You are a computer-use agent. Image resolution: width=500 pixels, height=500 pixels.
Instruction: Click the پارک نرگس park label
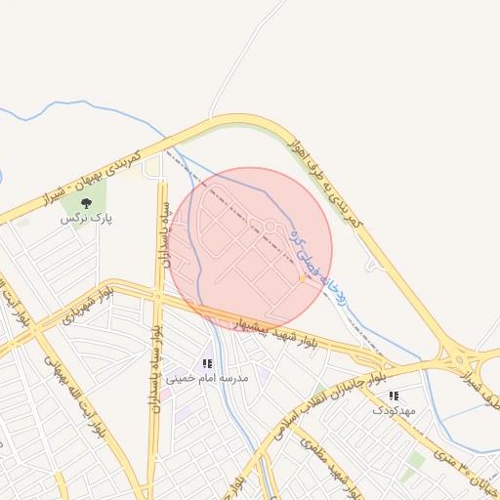point(87,219)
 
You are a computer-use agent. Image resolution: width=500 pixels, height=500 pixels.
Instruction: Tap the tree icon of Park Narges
point(87,203)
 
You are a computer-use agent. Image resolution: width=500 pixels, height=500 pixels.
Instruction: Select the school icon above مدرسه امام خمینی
point(207,362)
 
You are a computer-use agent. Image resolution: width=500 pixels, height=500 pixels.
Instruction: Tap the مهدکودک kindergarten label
point(394,410)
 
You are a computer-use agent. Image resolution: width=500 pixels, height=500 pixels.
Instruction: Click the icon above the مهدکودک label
point(394,396)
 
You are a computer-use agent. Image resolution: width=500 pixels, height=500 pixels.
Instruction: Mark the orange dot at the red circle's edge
point(303,278)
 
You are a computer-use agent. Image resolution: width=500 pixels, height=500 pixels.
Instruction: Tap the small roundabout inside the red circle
point(270,227)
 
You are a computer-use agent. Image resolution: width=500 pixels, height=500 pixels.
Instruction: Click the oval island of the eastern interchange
point(458,359)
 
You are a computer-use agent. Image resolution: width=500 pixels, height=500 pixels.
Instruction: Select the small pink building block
point(166,395)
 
